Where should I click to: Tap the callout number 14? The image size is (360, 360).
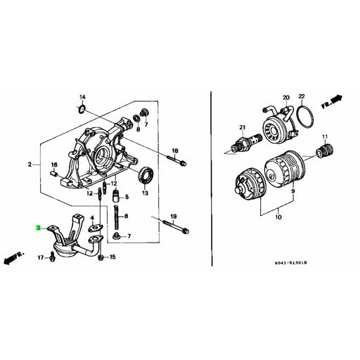82,96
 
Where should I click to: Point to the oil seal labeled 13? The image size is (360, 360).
148,174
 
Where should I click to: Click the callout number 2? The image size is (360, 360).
30,165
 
